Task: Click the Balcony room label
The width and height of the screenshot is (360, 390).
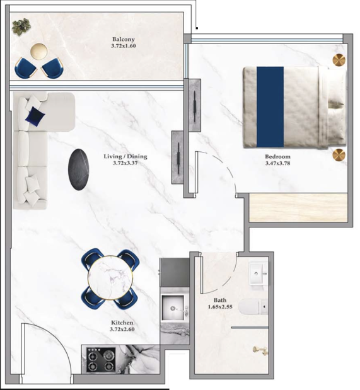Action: (x=123, y=39)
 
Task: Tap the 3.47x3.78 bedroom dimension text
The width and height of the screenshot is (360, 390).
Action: (x=277, y=163)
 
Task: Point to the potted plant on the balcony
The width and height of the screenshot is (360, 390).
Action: (x=21, y=26)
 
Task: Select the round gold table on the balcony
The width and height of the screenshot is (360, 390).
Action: (x=39, y=52)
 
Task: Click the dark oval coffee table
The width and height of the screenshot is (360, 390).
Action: (x=78, y=169)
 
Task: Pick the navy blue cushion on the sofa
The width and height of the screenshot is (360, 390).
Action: (x=35, y=116)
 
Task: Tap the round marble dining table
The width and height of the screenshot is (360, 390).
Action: (x=110, y=278)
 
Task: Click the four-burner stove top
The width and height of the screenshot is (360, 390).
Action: (x=101, y=360)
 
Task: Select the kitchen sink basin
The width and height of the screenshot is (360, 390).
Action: (x=173, y=307)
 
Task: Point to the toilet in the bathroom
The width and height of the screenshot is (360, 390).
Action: (x=253, y=307)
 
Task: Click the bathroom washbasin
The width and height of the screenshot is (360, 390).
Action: (x=258, y=273)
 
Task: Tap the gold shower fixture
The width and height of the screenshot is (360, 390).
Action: (x=260, y=350)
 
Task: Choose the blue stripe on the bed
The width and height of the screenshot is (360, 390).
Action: (x=270, y=106)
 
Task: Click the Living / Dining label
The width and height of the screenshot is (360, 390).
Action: (x=125, y=156)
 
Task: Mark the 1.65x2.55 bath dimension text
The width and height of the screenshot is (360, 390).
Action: (x=220, y=307)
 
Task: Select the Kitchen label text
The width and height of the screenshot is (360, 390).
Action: (x=122, y=323)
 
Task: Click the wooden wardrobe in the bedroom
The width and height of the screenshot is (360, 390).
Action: (x=298, y=207)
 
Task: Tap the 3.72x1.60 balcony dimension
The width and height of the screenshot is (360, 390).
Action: (x=124, y=46)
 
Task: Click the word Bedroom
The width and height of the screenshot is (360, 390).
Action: (x=277, y=157)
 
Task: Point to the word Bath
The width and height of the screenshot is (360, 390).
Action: (x=220, y=300)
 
